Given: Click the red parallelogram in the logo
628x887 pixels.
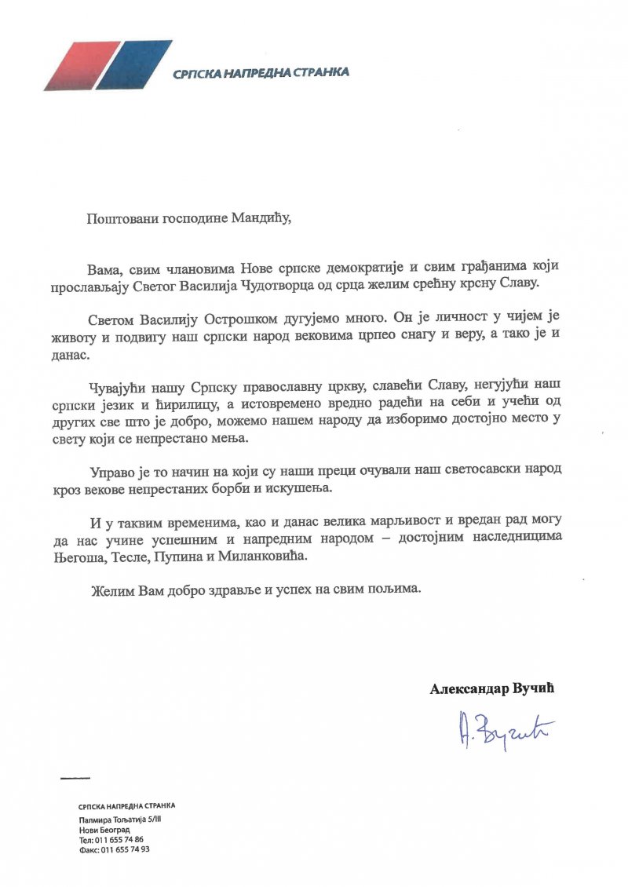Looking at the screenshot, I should (x=79, y=64).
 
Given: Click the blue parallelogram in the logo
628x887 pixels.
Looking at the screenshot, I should (x=133, y=64).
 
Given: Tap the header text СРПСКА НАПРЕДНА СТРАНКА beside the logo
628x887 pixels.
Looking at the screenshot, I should (x=261, y=73).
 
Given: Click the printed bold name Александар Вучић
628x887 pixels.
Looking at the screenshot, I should (x=497, y=688).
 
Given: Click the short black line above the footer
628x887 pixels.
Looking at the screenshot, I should (x=75, y=778).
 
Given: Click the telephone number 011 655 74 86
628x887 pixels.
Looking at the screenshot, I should (x=122, y=839).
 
